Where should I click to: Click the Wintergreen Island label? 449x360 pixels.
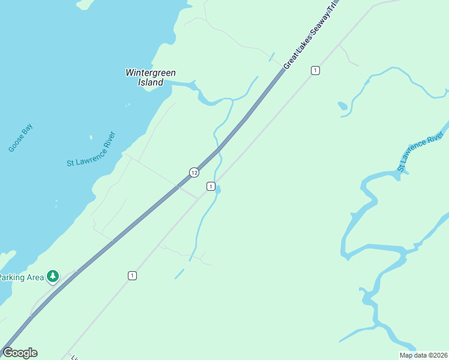[x=151, y=77]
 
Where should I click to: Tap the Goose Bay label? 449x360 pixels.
[x=20, y=138]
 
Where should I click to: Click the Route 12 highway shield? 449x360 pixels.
[x=194, y=173]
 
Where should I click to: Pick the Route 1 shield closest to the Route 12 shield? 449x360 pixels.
[x=211, y=187]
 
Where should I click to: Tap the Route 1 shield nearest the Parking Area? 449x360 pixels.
[x=132, y=275]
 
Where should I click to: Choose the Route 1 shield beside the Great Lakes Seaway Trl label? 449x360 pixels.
[x=315, y=71]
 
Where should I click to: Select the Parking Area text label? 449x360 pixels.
[x=22, y=277]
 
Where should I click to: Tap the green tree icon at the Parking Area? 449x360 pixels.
[x=53, y=276]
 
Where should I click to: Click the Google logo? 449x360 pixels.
[x=20, y=353]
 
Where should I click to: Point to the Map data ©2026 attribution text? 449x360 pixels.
[x=423, y=355]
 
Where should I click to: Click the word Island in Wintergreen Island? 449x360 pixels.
[x=151, y=82]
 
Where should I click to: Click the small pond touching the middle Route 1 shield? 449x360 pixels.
[x=218, y=190]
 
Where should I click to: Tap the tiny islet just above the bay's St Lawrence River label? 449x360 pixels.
[x=91, y=137]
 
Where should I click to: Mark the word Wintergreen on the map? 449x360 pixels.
[x=151, y=73]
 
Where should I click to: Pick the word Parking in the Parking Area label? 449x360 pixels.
[x=11, y=277]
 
